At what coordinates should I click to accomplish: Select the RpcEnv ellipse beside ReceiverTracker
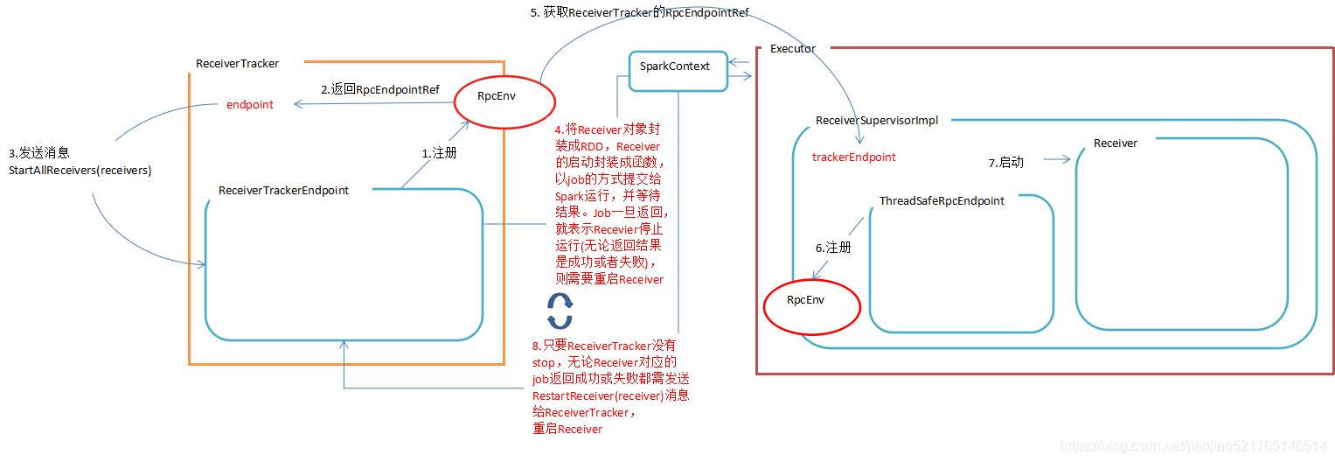click(x=504, y=102)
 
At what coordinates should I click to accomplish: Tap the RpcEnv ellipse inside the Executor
click(x=811, y=305)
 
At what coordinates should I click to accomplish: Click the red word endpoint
click(x=249, y=105)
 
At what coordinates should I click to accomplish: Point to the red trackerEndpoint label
click(x=853, y=157)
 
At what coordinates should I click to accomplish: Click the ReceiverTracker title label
click(x=237, y=64)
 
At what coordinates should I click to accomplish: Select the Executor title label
click(x=792, y=49)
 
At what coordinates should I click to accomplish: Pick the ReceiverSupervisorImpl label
click(x=876, y=121)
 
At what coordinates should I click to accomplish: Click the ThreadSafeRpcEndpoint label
click(x=942, y=201)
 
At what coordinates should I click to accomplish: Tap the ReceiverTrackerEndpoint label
click(x=283, y=191)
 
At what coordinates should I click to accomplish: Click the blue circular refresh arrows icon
click(x=560, y=310)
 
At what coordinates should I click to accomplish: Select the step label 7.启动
click(x=1005, y=163)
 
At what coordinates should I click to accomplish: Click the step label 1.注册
click(x=439, y=153)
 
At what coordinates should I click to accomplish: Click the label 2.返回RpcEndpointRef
click(x=379, y=90)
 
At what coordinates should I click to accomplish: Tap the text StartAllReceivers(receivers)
click(x=80, y=171)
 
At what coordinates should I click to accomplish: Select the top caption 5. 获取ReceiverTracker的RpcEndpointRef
click(x=639, y=12)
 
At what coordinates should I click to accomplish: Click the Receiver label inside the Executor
click(x=1115, y=143)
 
